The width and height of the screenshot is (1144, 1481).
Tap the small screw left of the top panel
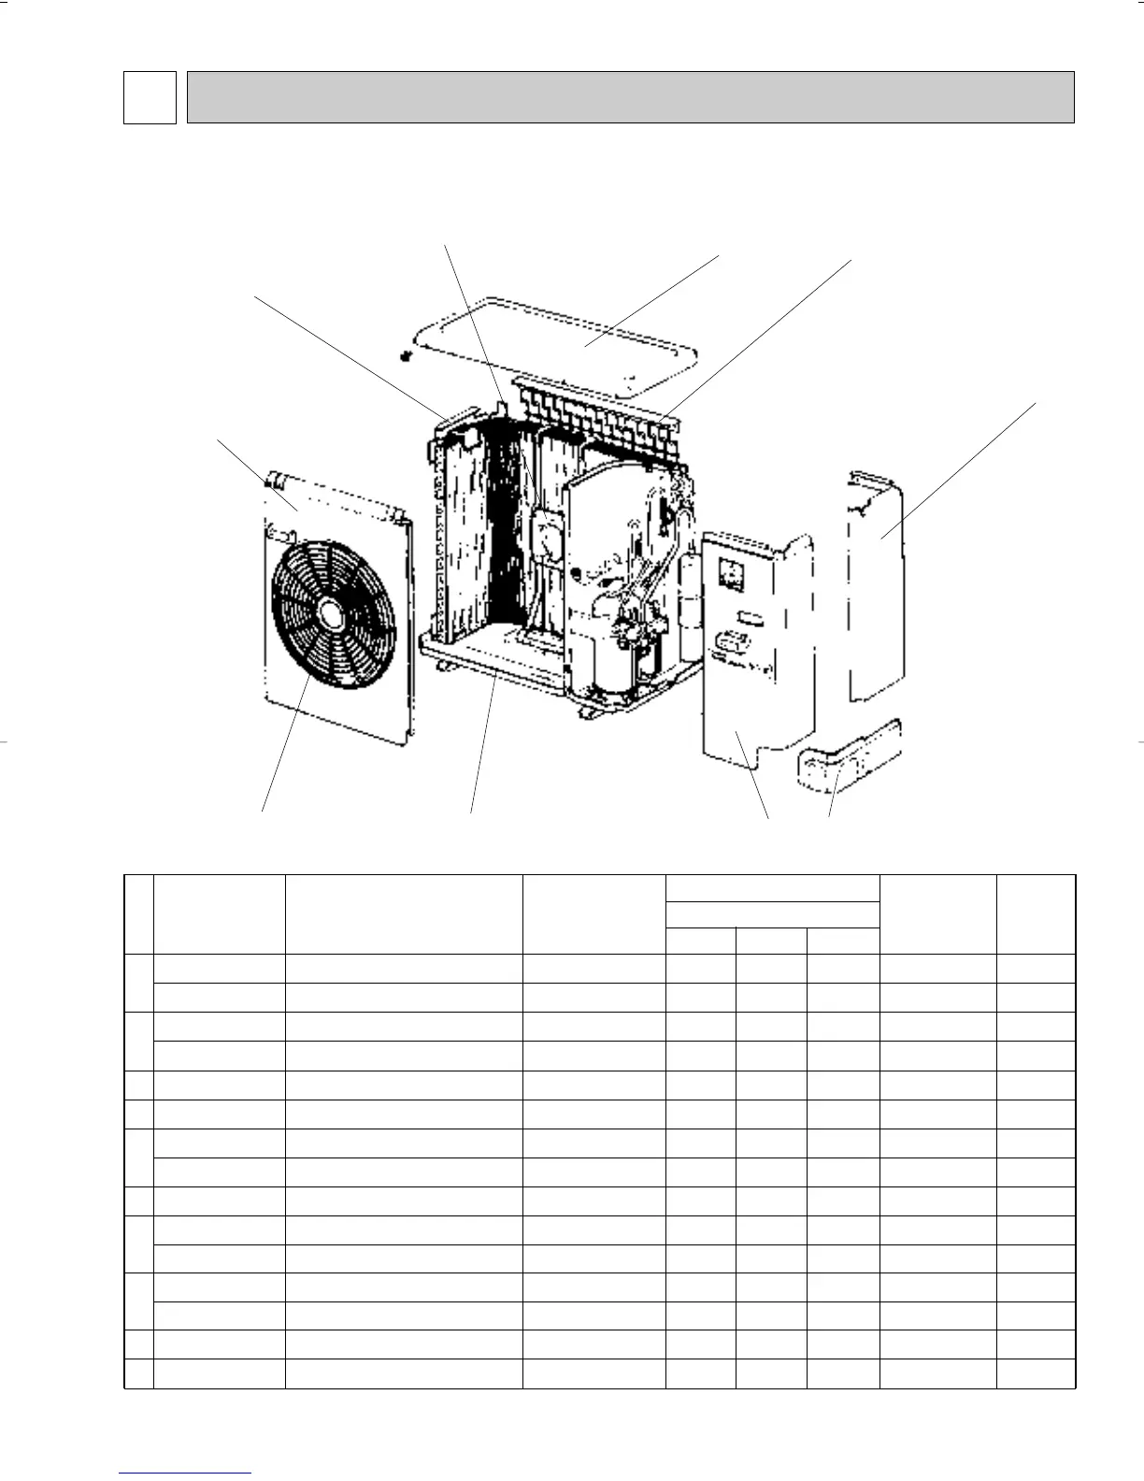[405, 356]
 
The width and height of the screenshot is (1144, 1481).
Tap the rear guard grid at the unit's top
[598, 411]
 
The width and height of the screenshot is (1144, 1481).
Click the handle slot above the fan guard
[280, 533]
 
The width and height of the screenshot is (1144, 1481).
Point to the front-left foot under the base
[442, 666]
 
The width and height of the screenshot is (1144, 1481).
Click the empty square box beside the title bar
[150, 97]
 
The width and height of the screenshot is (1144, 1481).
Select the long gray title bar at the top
[630, 97]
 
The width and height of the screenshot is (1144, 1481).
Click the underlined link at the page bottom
[186, 1473]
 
